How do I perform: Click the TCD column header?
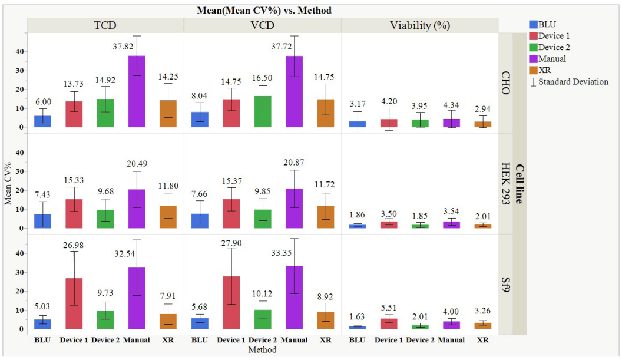(105, 25)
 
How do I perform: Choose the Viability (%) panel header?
(419, 25)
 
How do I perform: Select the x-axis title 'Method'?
(263, 350)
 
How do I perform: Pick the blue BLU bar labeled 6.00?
(43, 121)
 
